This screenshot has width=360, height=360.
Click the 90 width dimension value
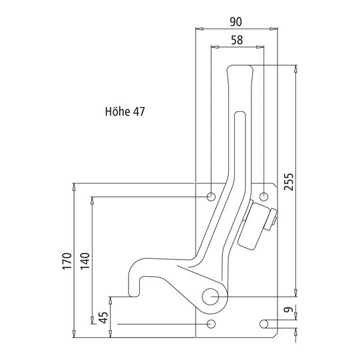pyautogui.click(x=236, y=21)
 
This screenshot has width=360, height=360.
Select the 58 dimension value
pyautogui.click(x=236, y=40)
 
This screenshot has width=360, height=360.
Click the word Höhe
pyautogui.click(x=117, y=112)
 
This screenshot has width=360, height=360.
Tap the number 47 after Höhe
pyautogui.click(x=138, y=112)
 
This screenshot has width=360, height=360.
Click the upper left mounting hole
pyautogui.click(x=212, y=196)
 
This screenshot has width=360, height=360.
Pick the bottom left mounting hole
pyautogui.click(x=212, y=323)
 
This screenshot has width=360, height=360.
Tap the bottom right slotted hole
pyautogui.click(x=264, y=323)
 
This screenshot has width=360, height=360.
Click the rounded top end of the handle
pyautogui.click(x=240, y=68)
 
